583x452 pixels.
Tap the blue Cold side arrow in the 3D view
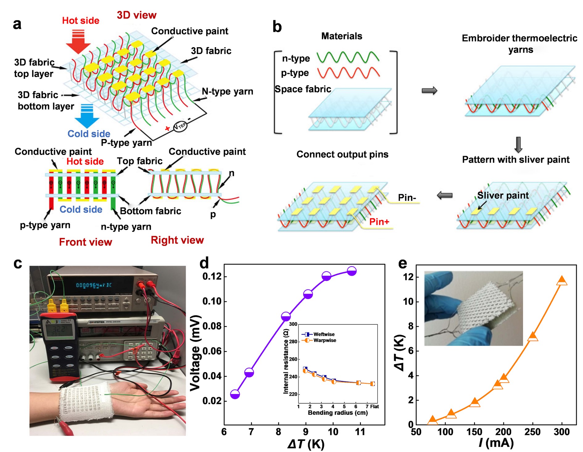point(87,116)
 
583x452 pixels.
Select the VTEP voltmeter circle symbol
point(180,126)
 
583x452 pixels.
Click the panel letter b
point(277,27)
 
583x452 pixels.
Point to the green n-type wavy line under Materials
point(348,57)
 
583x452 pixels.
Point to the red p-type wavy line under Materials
point(349,73)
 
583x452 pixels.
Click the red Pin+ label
point(379,222)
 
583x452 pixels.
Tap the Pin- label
point(407,198)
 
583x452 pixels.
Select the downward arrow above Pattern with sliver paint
point(518,145)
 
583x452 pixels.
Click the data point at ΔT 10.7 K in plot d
point(352,271)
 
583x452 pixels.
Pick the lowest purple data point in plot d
point(235,394)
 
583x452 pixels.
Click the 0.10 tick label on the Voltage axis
point(212,301)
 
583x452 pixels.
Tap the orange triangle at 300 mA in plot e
point(562,281)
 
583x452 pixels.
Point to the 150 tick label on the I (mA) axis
point(474,432)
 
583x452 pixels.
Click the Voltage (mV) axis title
point(195,353)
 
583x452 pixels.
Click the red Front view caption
point(85,242)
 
